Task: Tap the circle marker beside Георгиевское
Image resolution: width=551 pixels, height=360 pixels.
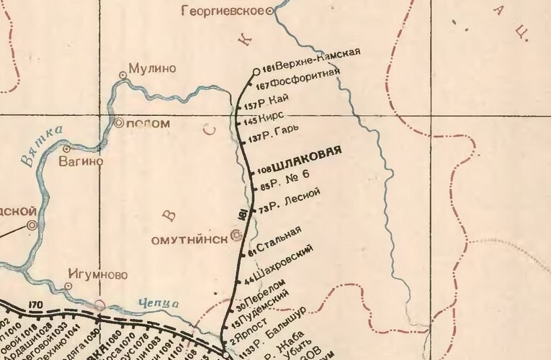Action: pos(270,11)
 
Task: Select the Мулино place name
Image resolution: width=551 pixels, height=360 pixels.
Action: pos(152,68)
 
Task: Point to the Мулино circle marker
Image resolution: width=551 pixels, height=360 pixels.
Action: pos(122,73)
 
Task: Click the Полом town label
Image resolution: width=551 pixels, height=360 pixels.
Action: pos(148,123)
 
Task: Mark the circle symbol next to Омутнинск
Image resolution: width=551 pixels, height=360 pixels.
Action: pos(236,235)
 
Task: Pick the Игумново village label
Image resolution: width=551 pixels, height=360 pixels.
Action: pos(97,274)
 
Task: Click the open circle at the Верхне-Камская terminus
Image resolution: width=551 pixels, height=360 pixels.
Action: pos(257,71)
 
